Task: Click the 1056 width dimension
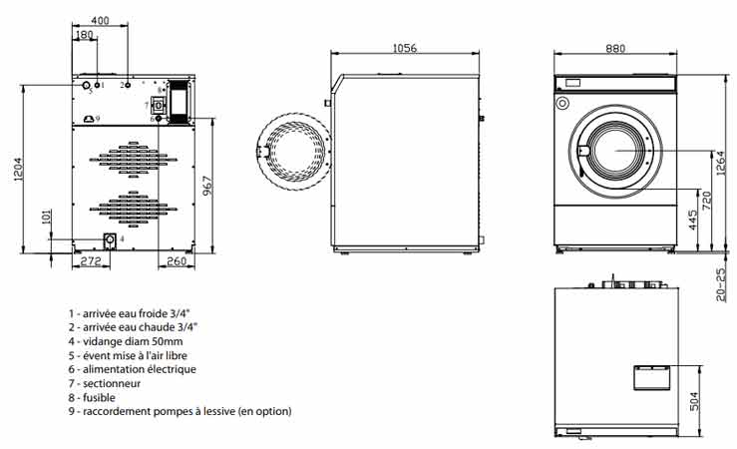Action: tap(403, 48)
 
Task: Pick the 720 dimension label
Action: tap(706, 200)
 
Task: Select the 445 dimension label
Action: tap(692, 220)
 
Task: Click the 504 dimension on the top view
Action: tap(692, 402)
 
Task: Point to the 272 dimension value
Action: tap(91, 261)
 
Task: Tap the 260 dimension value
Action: tap(177, 261)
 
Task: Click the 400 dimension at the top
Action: tap(100, 21)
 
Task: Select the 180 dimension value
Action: tap(84, 35)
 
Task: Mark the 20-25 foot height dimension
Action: tap(720, 284)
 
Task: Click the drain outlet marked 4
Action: tap(109, 239)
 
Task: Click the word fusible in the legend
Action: tap(103, 396)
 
